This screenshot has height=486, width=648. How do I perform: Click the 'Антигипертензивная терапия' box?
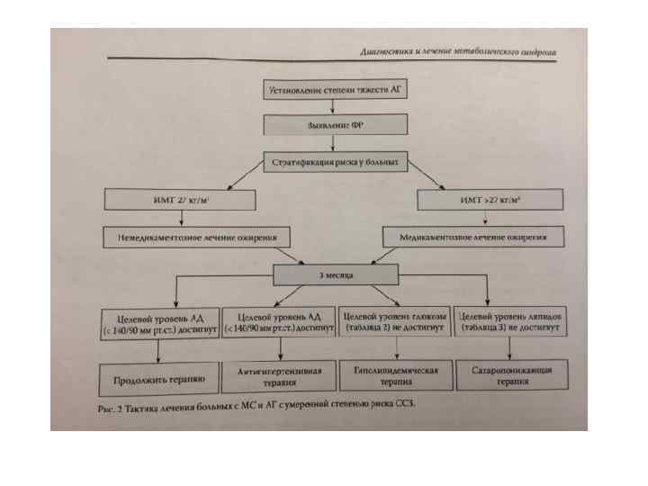[x=279, y=375]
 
